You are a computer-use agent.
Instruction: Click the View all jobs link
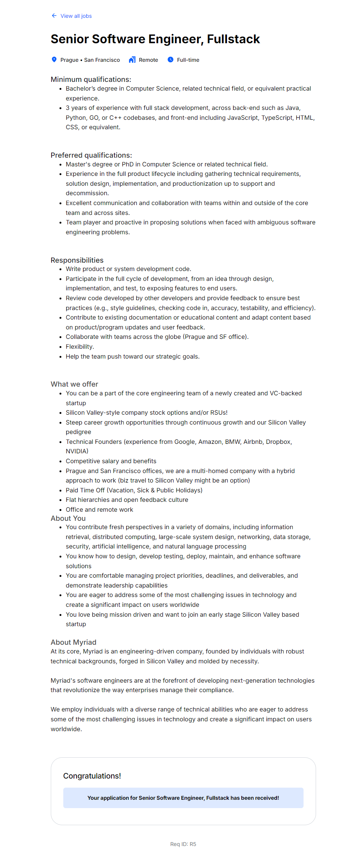[76, 16]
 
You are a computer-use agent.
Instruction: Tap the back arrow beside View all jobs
[54, 16]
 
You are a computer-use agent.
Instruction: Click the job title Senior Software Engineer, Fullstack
[155, 39]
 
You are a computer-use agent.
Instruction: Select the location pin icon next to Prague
[54, 60]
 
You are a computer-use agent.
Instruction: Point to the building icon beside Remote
[132, 60]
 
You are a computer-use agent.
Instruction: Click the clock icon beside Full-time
[171, 60]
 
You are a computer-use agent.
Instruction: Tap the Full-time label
[188, 60]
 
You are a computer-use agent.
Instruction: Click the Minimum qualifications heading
[91, 79]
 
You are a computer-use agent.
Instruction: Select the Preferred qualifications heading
[91, 155]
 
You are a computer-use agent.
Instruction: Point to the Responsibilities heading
[77, 260]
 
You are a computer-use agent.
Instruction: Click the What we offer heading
[74, 384]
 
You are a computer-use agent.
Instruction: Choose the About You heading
[68, 518]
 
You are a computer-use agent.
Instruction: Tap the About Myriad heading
[74, 642]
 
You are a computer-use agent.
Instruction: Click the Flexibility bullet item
[80, 346]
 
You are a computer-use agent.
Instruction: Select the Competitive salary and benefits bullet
[111, 461]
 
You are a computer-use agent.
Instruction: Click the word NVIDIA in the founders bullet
[77, 451]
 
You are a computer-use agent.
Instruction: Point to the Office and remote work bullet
[99, 509]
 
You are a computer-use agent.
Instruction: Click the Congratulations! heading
[92, 776]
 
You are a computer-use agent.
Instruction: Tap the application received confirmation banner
[183, 798]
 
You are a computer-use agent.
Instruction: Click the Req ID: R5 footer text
[183, 844]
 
